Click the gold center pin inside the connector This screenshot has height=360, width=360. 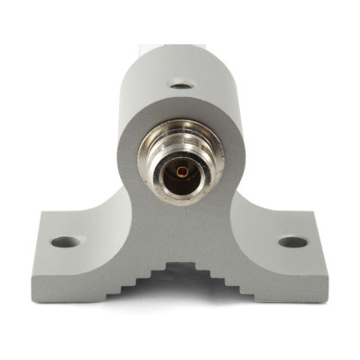pos(182,173)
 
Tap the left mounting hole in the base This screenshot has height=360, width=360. pos(64,242)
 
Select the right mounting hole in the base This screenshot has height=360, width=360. pos(293,242)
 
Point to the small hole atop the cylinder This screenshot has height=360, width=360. pos(182,86)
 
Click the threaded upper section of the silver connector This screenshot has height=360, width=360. pos(182,136)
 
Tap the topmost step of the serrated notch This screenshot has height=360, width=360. pos(180,267)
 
